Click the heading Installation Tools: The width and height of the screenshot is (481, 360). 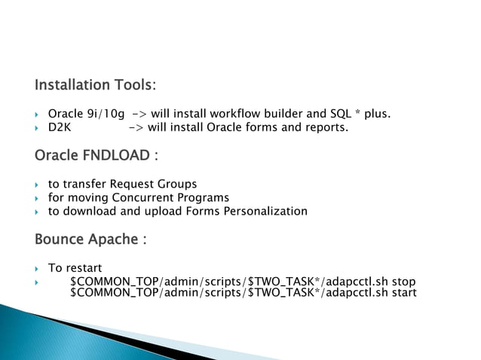(95, 84)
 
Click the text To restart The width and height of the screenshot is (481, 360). (75, 268)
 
